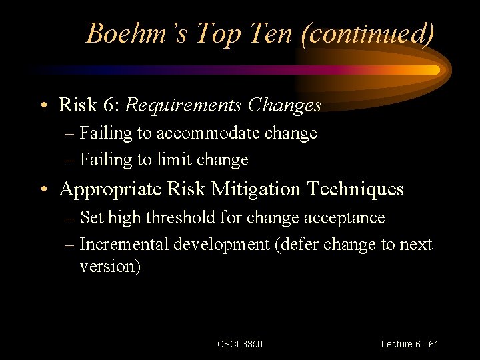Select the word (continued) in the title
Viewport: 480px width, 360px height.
click(367, 33)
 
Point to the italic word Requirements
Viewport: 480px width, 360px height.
click(185, 105)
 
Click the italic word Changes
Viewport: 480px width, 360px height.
click(285, 105)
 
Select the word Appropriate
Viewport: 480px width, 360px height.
click(110, 189)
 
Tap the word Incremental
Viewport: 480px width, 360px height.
click(125, 245)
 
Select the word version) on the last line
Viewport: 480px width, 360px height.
click(110, 266)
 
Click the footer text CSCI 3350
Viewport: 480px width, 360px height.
click(240, 344)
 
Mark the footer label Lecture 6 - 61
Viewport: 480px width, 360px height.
click(410, 344)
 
